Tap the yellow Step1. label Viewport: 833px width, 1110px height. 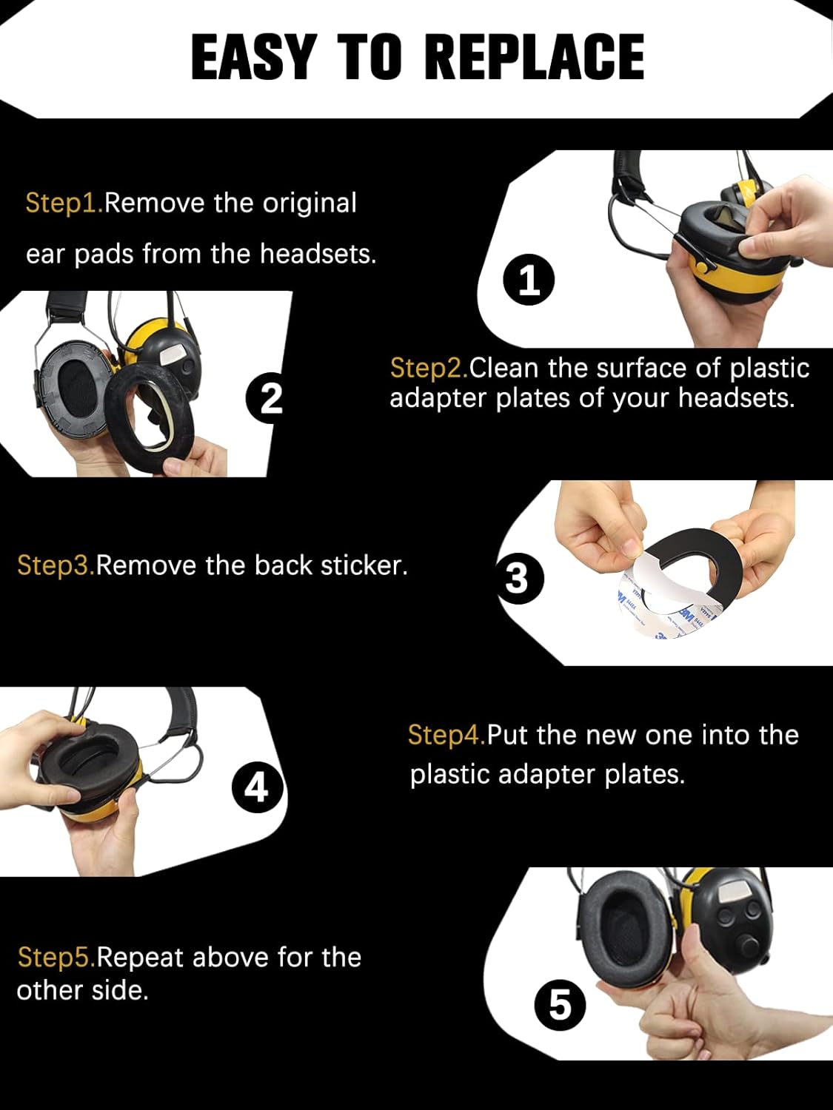[x=64, y=203]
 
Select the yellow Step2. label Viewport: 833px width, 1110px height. [x=429, y=368]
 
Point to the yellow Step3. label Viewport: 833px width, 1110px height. [x=56, y=565]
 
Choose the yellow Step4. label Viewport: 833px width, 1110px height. [x=446, y=735]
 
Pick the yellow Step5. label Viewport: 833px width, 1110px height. [x=56, y=957]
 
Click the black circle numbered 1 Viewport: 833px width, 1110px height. [x=529, y=280]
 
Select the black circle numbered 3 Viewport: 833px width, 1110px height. [x=518, y=578]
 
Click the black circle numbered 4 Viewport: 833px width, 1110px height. [x=256, y=787]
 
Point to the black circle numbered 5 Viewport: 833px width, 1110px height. [x=560, y=1005]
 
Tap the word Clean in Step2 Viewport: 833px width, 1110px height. [x=504, y=368]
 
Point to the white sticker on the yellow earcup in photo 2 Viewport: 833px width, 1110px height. [x=175, y=356]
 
